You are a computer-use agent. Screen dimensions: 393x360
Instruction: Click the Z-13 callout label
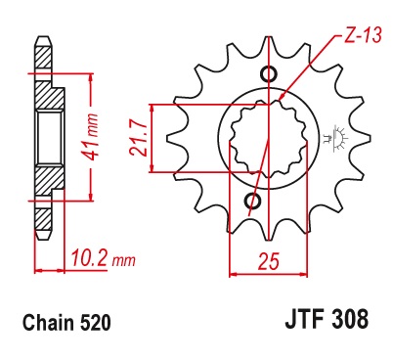pos(363,34)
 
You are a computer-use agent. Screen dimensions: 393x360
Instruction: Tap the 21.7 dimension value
pos(137,138)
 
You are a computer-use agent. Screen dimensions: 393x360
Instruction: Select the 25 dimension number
pos(269,261)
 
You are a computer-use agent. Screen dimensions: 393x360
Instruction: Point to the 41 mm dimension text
pos(90,136)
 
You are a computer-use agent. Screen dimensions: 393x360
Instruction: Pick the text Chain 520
pos(66,322)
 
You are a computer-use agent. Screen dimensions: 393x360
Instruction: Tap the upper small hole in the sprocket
pos(269,74)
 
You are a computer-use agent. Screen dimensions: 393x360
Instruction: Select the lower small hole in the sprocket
pos(253,201)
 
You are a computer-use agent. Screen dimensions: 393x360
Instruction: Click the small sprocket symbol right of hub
pos(335,139)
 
